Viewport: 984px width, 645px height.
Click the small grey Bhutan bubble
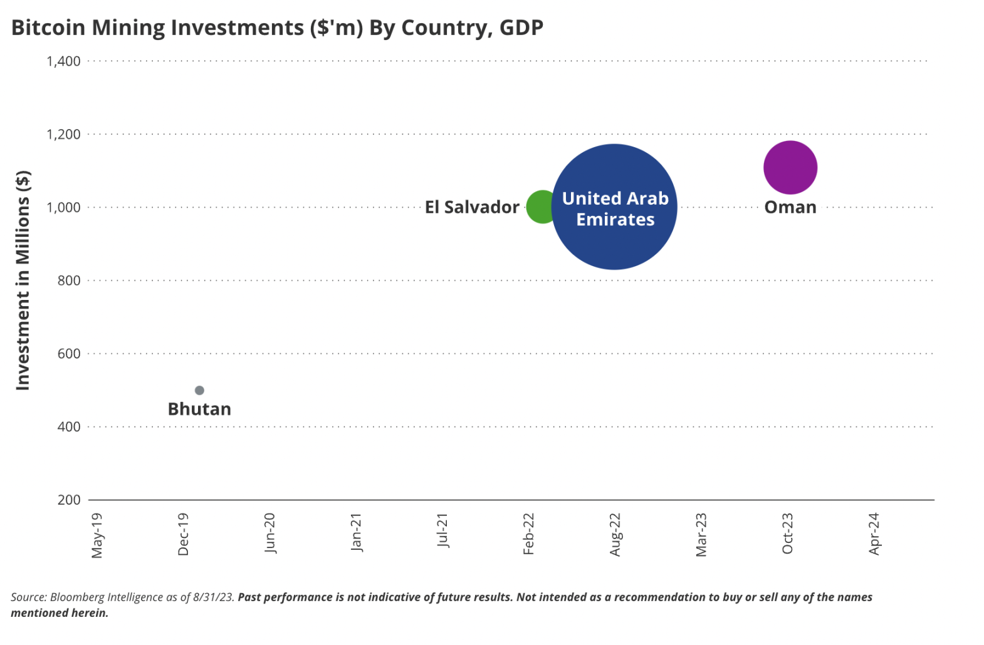pos(199,390)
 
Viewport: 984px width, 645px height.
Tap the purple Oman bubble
pos(790,167)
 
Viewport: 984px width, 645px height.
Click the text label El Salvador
pos(472,207)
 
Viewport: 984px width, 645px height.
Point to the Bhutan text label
pos(199,409)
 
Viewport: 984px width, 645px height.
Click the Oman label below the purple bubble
pos(790,207)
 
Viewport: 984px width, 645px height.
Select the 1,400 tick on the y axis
pos(63,61)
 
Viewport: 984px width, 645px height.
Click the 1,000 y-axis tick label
pos(63,207)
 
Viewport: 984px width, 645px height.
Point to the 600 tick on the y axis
pos(69,354)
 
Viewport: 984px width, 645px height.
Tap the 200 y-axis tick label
pos(69,500)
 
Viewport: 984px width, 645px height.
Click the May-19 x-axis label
pos(97,535)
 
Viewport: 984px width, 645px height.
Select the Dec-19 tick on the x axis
pos(183,534)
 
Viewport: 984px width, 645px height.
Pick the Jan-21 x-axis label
pos(356,532)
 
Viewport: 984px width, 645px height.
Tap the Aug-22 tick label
pos(615,534)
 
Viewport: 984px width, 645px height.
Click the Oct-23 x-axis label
pos(788,534)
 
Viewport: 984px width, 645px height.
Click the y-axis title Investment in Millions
pos(23,280)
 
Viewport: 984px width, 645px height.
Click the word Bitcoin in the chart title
pos(49,28)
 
